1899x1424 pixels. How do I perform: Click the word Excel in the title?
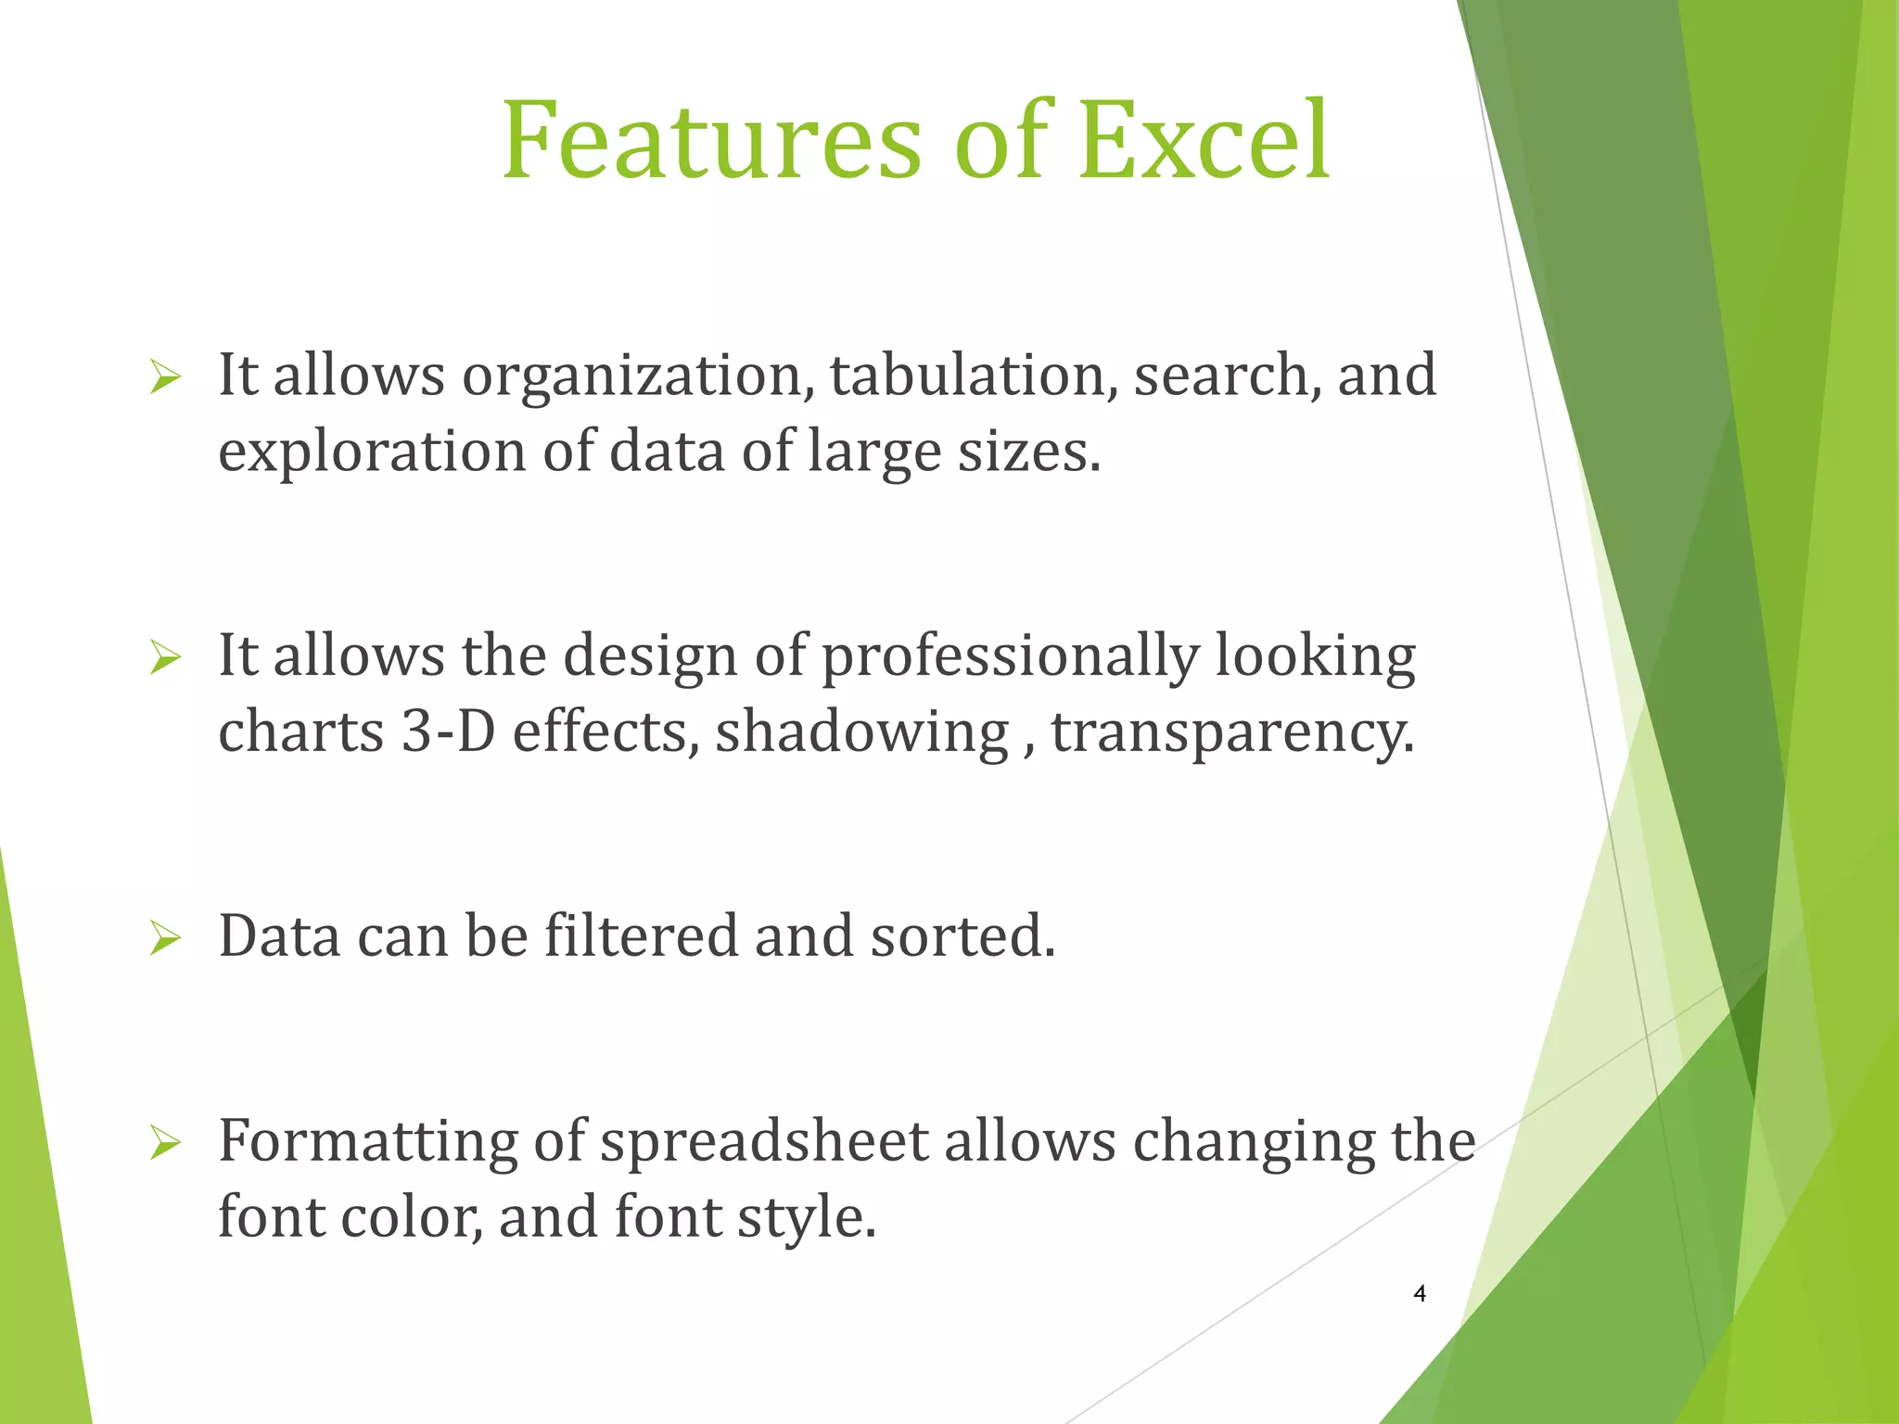(1204, 141)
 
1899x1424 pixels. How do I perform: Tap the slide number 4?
(1420, 1294)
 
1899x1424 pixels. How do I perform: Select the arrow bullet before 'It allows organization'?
(164, 377)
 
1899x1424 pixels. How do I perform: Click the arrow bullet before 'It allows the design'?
(164, 658)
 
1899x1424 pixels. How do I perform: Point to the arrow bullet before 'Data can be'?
(164, 938)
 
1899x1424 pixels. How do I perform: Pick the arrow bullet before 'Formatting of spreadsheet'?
(164, 1143)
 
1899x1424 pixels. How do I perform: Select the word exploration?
(372, 452)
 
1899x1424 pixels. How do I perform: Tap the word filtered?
(641, 936)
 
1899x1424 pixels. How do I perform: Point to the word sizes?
(1028, 452)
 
